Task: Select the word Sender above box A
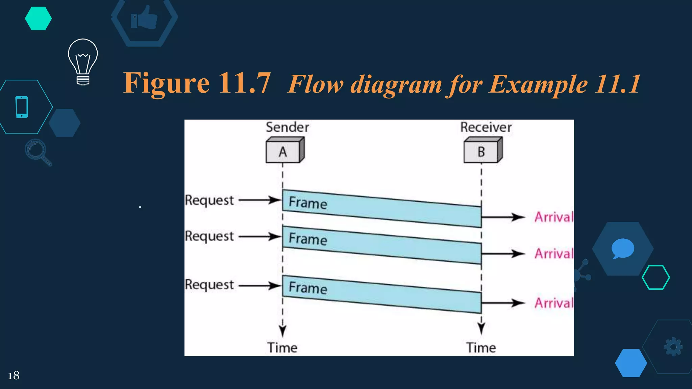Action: pyautogui.click(x=287, y=127)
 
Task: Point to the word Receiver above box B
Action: pyautogui.click(x=486, y=127)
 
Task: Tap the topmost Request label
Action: pyautogui.click(x=209, y=200)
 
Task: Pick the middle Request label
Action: pyautogui.click(x=209, y=236)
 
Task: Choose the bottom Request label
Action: pyautogui.click(x=209, y=285)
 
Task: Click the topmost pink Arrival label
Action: pyautogui.click(x=554, y=217)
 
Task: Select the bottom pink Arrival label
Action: pyautogui.click(x=554, y=303)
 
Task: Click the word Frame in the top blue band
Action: pyautogui.click(x=308, y=203)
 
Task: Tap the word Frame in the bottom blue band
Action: pyautogui.click(x=308, y=288)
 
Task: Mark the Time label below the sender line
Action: pyautogui.click(x=282, y=348)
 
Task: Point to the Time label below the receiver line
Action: pyautogui.click(x=481, y=348)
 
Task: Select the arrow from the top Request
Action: pyautogui.click(x=260, y=200)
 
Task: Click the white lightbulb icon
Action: pyautogui.click(x=83, y=61)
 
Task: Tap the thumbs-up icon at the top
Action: pyautogui.click(x=144, y=18)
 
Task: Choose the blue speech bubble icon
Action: pyautogui.click(x=622, y=249)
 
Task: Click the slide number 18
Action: pyautogui.click(x=14, y=375)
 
